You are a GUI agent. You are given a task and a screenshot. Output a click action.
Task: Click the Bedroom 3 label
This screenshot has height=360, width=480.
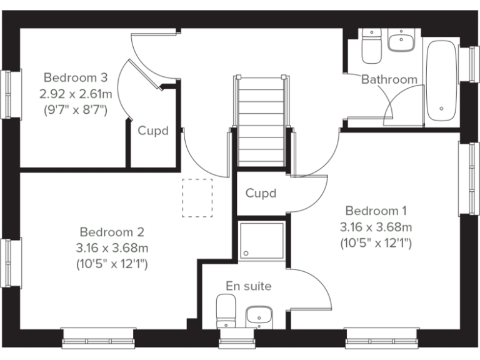[x=75, y=77]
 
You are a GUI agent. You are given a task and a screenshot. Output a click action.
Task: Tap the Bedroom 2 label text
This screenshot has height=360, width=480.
[x=112, y=231]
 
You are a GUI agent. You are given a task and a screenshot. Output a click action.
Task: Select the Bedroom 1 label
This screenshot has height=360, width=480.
[x=376, y=210]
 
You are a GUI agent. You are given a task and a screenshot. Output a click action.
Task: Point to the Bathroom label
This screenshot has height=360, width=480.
[x=389, y=79]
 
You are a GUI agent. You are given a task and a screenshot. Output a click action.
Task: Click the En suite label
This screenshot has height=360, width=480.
[x=249, y=286]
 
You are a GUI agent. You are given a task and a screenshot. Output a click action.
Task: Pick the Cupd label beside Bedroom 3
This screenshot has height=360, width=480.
[x=153, y=131]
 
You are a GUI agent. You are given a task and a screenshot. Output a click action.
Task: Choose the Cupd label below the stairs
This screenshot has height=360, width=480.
[x=261, y=193]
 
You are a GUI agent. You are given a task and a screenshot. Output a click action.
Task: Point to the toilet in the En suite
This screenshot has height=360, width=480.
[x=225, y=311]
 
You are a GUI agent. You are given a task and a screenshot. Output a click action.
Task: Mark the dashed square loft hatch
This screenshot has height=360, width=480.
[x=197, y=197]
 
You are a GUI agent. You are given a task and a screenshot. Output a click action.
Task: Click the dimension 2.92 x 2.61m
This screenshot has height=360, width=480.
[x=75, y=94]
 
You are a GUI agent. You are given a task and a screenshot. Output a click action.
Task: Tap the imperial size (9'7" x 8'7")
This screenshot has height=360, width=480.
[x=75, y=110]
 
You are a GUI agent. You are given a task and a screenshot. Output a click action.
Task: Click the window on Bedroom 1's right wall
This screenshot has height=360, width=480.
[x=466, y=179]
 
